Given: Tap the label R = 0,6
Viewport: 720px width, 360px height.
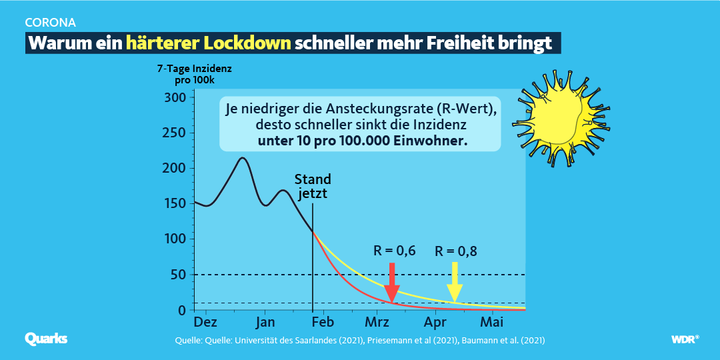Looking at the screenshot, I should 394,251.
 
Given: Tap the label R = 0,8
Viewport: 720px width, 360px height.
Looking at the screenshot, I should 456,251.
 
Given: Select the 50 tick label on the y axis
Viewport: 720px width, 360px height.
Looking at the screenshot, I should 177,275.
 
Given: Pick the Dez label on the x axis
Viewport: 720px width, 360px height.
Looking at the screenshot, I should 205,323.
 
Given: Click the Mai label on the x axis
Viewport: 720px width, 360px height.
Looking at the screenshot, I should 492,323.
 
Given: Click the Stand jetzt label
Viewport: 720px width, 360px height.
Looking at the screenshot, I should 313,187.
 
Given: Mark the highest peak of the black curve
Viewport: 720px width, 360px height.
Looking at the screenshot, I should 243,158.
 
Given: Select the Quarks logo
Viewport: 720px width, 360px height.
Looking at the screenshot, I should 46,339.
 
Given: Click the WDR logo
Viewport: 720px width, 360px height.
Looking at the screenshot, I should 684,339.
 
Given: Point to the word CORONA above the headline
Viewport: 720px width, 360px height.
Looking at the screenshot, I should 49,21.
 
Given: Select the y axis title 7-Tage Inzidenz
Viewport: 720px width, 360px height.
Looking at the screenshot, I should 194,69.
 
